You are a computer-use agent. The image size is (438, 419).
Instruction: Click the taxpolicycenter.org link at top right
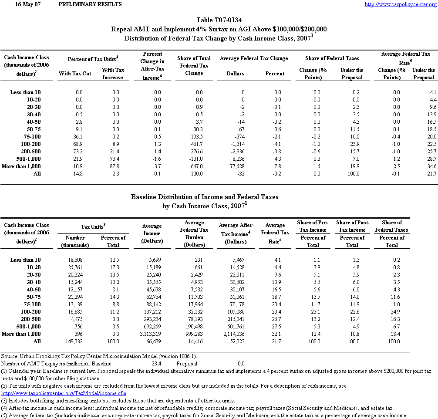point(400,4)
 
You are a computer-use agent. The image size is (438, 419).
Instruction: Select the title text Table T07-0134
point(219,20)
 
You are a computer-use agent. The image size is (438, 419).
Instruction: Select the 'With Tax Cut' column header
point(75,74)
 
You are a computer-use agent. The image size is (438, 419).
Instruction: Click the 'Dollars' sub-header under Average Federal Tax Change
point(236,74)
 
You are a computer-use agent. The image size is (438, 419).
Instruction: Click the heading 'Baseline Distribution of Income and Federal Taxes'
point(205,197)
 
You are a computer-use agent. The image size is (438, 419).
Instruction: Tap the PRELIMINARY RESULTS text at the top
point(90,4)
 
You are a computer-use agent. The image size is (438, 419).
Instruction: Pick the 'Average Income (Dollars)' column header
point(152,233)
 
